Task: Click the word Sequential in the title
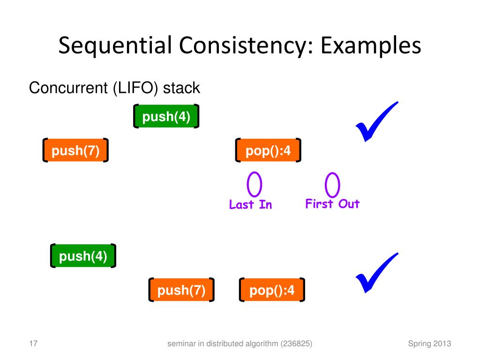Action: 113,48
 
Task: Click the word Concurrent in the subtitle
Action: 68,88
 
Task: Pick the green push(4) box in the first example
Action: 166,116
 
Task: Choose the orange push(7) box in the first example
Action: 75,150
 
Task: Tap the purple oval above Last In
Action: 255,185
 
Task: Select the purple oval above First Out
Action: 332,185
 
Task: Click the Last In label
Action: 250,205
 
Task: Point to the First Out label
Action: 332,204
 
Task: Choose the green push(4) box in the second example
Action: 83,256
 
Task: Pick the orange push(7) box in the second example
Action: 181,291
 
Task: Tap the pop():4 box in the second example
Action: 272,291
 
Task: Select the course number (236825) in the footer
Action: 297,344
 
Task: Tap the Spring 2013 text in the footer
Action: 429,344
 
